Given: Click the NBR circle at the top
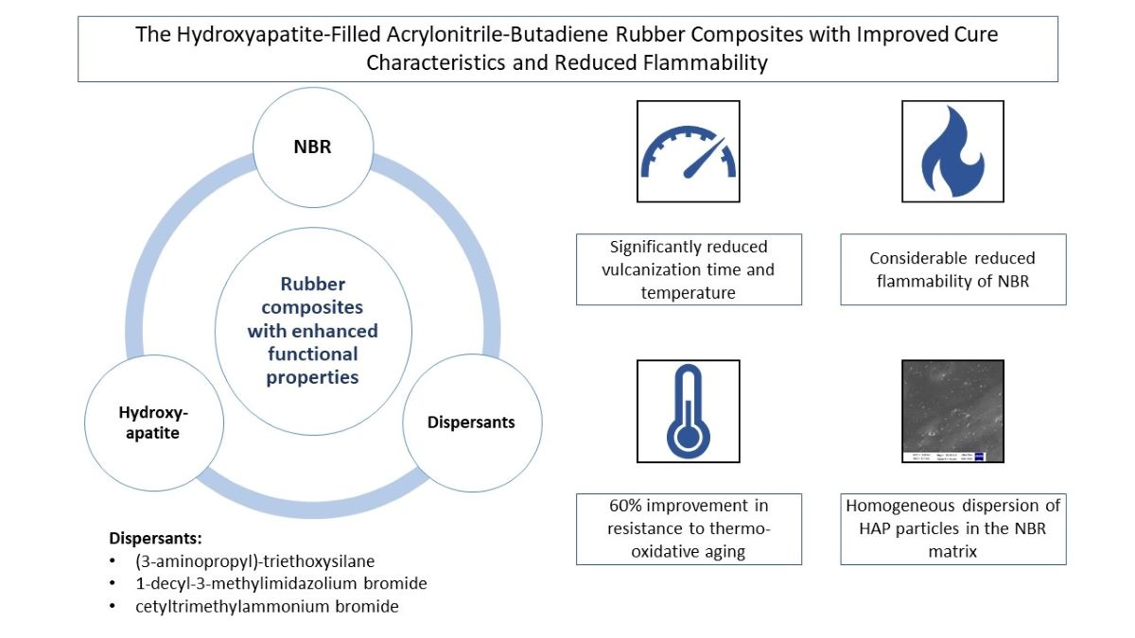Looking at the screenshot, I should pos(311,148).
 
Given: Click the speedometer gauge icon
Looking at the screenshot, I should pos(688,151).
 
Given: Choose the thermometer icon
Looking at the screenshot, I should pos(688,410).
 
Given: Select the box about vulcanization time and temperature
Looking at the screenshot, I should pos(689,269).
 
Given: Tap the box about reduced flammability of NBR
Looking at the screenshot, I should pos(952,269).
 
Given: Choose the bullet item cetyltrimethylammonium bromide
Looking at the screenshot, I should pos(267,607).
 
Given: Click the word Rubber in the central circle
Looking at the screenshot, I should pos(313,285).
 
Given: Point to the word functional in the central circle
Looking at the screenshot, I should pos(312,354).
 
